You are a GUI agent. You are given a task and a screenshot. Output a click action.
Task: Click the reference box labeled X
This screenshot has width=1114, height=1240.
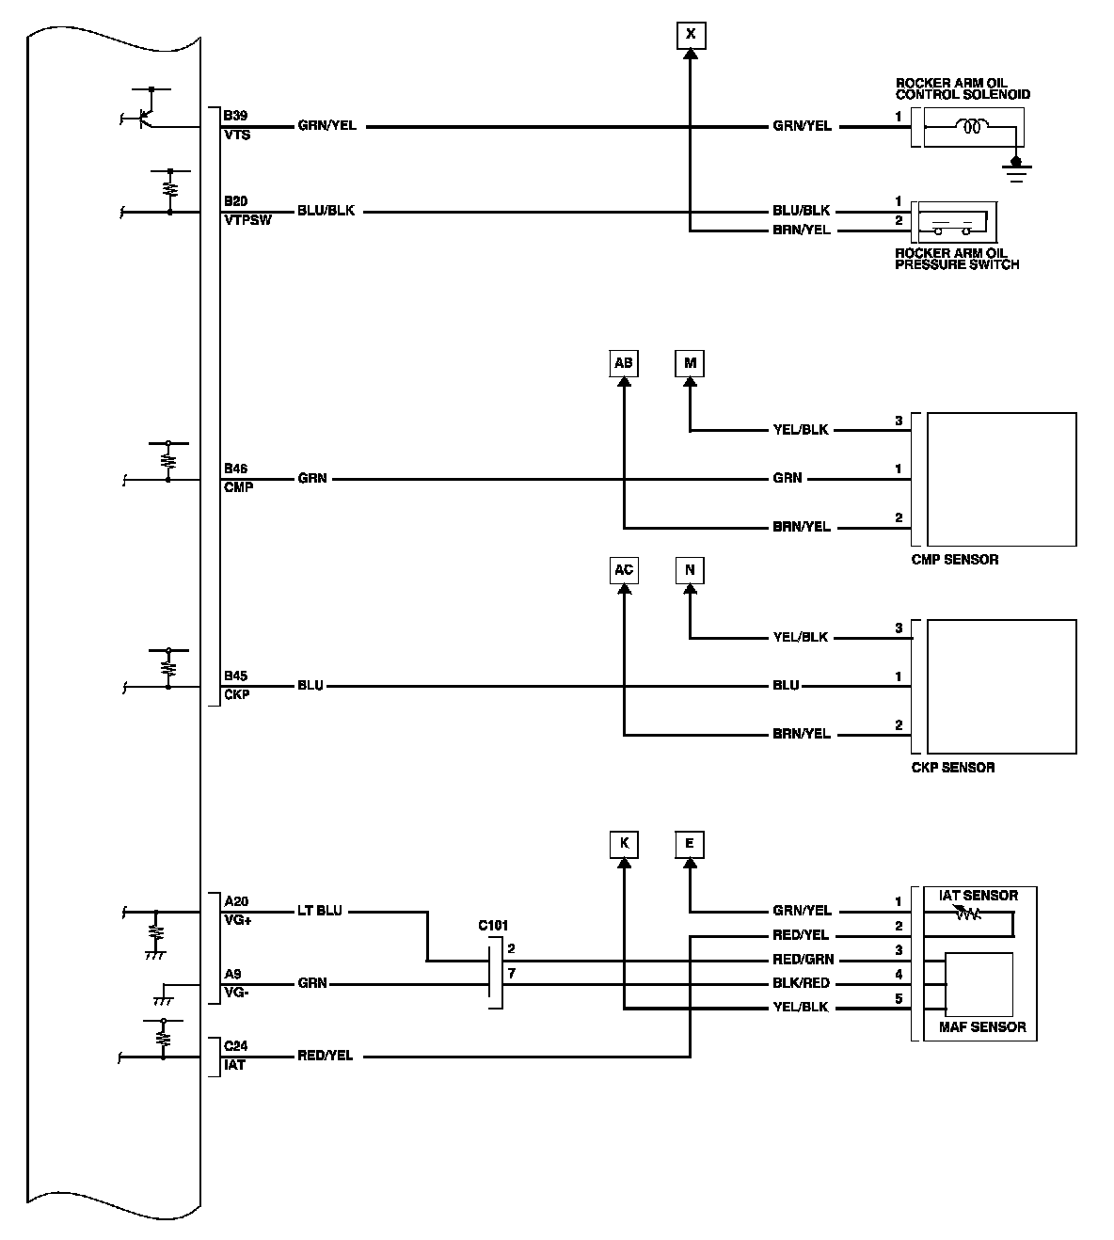pos(691,36)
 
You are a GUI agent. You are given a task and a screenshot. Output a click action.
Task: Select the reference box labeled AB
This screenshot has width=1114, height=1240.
pos(623,364)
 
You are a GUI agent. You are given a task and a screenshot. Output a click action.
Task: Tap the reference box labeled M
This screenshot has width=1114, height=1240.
pos(691,364)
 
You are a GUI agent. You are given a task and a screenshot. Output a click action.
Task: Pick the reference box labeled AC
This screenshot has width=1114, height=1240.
pos(623,570)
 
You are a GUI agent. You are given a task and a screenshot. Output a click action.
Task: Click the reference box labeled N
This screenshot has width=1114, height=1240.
pos(691,570)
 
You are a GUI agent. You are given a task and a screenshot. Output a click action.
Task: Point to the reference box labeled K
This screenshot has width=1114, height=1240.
pos(623,844)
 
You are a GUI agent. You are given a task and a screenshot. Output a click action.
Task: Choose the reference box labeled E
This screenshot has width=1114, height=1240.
pos(690,844)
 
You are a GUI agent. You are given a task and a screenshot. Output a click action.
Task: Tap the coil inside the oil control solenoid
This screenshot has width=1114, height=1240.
pos(971,126)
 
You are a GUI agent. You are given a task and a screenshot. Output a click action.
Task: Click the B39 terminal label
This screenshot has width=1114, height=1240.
pos(235,116)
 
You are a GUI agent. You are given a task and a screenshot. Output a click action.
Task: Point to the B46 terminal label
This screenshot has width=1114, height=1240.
pos(235,468)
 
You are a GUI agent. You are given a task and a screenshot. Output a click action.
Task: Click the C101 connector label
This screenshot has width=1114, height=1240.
pos(493,927)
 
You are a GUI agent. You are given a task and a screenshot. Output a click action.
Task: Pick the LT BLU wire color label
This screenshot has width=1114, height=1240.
pos(320,911)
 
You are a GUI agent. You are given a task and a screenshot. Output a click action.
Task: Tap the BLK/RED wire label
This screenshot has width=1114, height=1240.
pos(803,983)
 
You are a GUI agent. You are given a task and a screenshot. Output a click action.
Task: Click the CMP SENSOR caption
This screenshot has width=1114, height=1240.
pos(955,560)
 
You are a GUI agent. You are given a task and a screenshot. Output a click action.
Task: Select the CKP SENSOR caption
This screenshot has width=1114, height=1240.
pos(953,768)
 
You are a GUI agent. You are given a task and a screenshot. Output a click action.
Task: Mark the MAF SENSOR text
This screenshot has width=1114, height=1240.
pos(982,1026)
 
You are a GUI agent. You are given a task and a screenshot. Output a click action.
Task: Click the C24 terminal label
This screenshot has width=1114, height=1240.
pos(235,1045)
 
